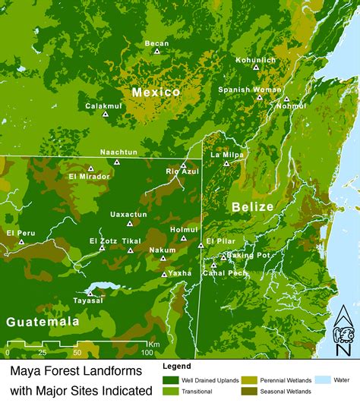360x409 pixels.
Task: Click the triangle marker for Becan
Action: tap(157, 52)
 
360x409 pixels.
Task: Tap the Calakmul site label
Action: tap(103, 106)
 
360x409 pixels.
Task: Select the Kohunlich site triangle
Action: tap(256, 68)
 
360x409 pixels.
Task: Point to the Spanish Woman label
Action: tap(249, 89)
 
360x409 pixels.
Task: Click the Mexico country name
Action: tap(156, 92)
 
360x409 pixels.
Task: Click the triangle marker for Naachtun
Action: tap(117, 162)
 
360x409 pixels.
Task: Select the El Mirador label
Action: tap(89, 177)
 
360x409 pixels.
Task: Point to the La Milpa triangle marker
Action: tap(226, 163)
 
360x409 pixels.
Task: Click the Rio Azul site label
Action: tap(182, 172)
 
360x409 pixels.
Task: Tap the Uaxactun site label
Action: tap(128, 215)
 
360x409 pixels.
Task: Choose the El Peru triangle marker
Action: tap(22, 241)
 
